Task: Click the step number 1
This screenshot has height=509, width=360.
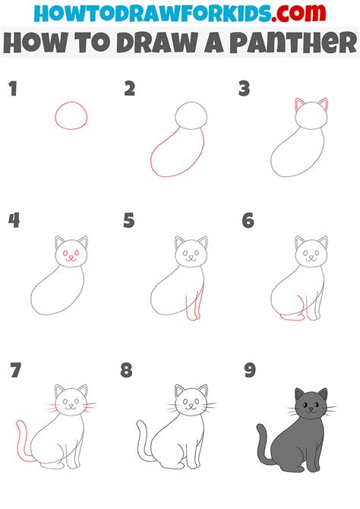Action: (x=12, y=90)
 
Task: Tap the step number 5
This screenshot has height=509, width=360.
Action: (x=129, y=221)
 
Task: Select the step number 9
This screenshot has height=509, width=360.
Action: (x=250, y=371)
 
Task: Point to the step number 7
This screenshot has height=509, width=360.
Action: (x=15, y=371)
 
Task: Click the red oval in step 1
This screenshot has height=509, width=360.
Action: (x=71, y=115)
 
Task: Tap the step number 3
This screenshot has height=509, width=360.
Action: (x=244, y=90)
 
